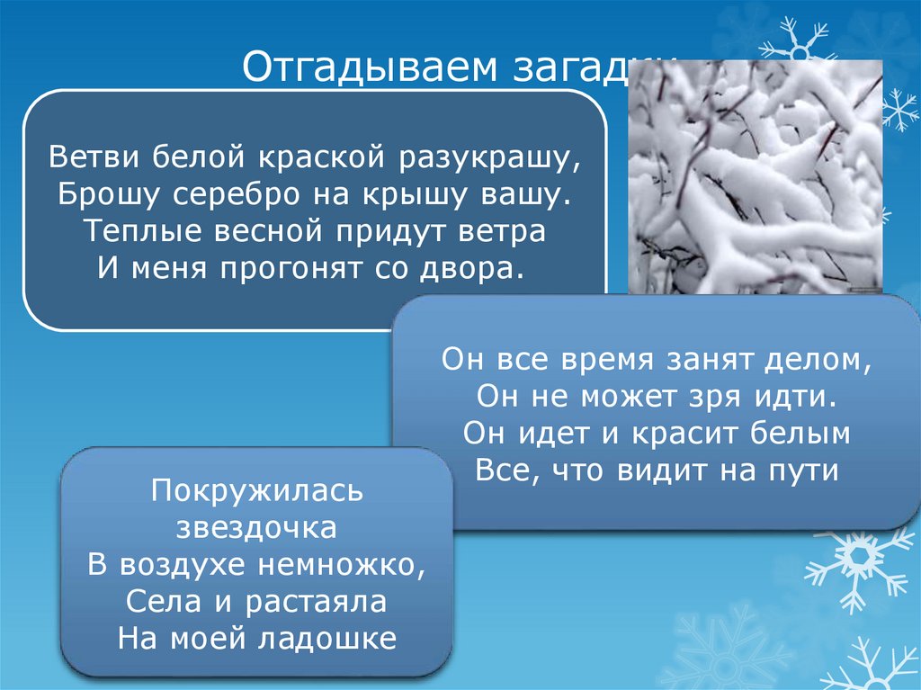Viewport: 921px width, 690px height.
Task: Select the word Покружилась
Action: coord(256,490)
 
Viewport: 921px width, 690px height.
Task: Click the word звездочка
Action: coord(256,527)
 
